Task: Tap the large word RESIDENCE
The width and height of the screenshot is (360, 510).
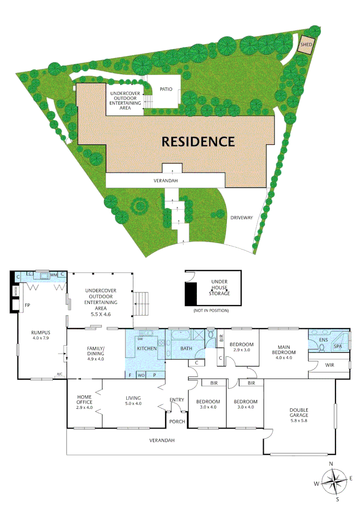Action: tap(198, 141)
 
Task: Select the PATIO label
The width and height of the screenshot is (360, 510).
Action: tap(166, 89)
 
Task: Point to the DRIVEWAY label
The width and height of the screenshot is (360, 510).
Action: tap(242, 218)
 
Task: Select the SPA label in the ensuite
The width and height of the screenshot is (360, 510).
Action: tap(338, 346)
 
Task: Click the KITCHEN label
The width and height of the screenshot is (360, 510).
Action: tap(147, 348)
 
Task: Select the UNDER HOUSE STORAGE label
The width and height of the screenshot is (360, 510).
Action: tap(220, 288)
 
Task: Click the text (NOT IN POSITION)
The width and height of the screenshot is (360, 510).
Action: tap(211, 310)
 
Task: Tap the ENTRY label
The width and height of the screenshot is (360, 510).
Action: tap(177, 400)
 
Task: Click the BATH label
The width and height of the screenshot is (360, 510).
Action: tap(184, 348)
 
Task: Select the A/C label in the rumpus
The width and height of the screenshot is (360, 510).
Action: tap(59, 374)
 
